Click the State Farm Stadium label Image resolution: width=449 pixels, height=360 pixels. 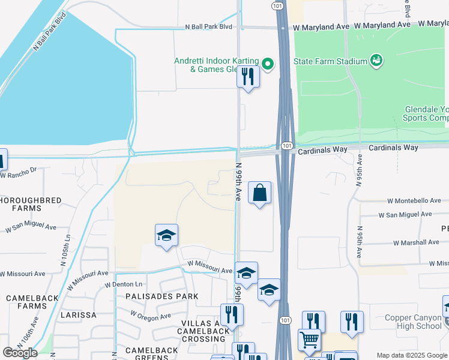pyautogui.click(x=330, y=61)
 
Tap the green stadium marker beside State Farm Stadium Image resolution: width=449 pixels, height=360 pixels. pyautogui.click(x=376, y=60)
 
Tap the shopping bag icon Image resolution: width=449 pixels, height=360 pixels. pyautogui.click(x=259, y=193)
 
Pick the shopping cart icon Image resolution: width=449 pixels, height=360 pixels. pyautogui.click(x=309, y=341)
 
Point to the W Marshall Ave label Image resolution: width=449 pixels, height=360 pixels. pyautogui.click(x=417, y=243)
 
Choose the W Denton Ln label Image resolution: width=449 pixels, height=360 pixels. pyautogui.click(x=125, y=284)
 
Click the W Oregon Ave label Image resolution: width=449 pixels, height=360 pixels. pyautogui.click(x=151, y=316)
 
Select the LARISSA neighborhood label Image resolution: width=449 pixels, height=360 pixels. pyautogui.click(x=79, y=314)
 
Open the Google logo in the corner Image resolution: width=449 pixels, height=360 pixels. pyautogui.click(x=20, y=353)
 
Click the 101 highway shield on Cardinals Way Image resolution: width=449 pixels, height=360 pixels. pyautogui.click(x=286, y=146)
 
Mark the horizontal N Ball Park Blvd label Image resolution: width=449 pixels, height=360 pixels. pyautogui.click(x=208, y=26)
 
